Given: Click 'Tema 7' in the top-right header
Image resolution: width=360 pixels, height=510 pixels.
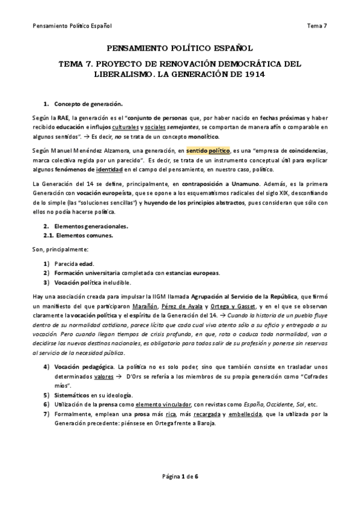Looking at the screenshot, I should tap(317, 26).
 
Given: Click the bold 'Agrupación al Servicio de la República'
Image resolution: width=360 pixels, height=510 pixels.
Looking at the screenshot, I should tap(243, 297).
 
